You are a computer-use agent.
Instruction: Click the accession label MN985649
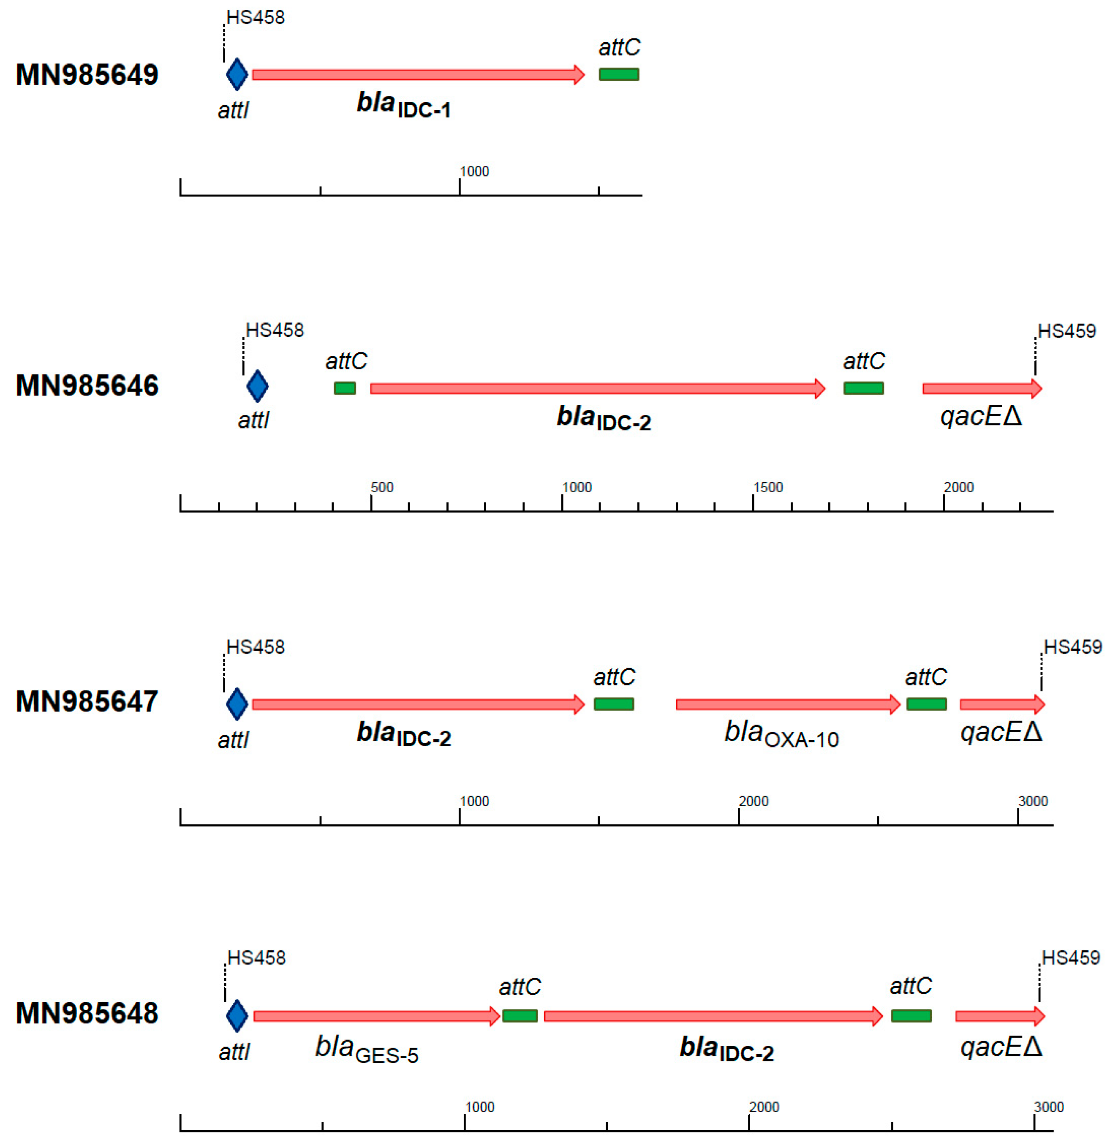click(87, 75)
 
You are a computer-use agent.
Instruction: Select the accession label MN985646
click(87, 386)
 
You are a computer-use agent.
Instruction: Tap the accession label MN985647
click(87, 701)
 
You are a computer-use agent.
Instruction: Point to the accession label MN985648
click(87, 1014)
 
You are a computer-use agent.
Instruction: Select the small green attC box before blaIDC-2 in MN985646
click(345, 388)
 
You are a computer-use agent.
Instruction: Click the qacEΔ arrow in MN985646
click(982, 388)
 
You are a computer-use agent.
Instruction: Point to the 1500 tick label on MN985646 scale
click(768, 488)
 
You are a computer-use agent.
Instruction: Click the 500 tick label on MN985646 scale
click(382, 488)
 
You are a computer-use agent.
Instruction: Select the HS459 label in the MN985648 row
click(1070, 958)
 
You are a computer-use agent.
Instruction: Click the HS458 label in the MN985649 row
click(256, 17)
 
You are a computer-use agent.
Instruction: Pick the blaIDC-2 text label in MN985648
click(726, 1049)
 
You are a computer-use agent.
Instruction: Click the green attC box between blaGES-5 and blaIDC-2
click(520, 1016)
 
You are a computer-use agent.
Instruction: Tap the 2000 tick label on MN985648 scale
click(764, 1107)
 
